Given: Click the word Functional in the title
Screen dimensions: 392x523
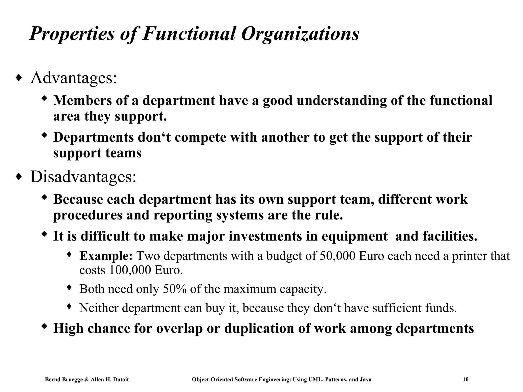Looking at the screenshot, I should click(188, 34).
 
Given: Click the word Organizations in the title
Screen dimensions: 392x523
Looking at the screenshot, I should click(300, 34).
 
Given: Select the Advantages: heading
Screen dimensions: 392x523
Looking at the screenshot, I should click(74, 78).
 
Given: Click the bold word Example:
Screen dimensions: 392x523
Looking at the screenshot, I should click(106, 256).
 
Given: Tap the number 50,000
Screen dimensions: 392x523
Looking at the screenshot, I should click(337, 256).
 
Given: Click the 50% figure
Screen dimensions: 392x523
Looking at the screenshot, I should click(174, 289).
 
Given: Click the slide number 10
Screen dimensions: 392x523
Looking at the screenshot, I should click(466, 379).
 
